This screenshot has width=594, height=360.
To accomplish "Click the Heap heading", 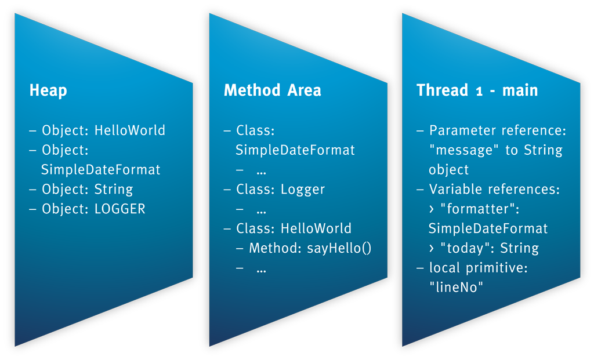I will click(48, 91).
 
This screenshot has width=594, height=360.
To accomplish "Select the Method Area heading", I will click(272, 90).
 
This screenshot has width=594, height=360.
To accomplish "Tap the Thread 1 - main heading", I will click(477, 90).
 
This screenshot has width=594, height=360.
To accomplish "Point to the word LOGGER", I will click(119, 209).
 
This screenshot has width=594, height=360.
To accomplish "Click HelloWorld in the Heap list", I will click(129, 130).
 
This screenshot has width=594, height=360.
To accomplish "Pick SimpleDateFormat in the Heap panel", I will click(100, 170).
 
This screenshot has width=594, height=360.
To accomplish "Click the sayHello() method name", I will click(339, 248).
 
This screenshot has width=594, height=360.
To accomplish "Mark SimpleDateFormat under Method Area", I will click(295, 150).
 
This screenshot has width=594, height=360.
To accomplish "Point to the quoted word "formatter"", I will click(484, 209).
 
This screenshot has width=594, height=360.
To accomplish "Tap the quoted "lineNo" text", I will click(456, 288).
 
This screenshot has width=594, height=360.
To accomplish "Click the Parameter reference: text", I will click(497, 130).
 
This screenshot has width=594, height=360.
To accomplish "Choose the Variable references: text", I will click(494, 189).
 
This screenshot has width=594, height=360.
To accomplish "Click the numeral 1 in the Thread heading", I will click(479, 92).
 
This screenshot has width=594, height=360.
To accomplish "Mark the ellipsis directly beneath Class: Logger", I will click(260, 209).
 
